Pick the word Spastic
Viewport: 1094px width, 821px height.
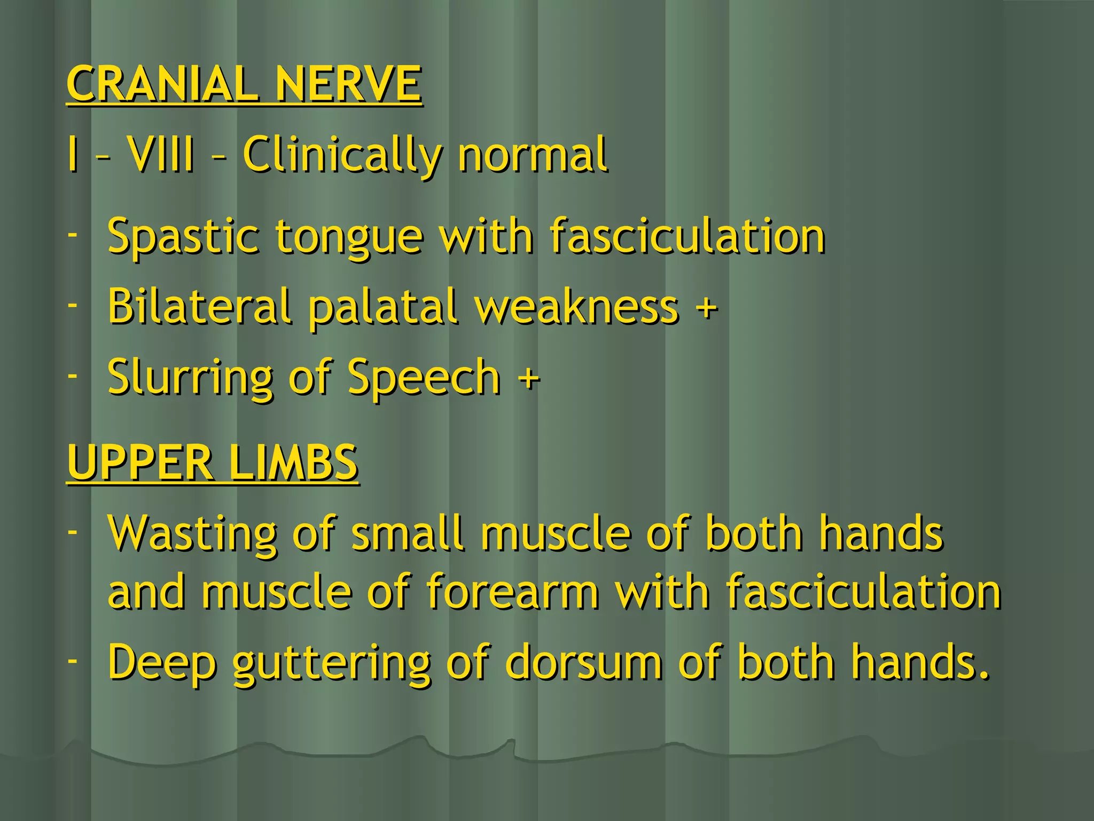click(183, 236)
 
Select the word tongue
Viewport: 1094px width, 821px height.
click(349, 238)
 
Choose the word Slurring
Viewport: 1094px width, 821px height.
click(190, 377)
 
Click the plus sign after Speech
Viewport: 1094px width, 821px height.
click(529, 379)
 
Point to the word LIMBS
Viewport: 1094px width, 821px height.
click(293, 463)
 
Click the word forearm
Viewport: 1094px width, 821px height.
click(512, 591)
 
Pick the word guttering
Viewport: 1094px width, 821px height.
click(331, 664)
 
